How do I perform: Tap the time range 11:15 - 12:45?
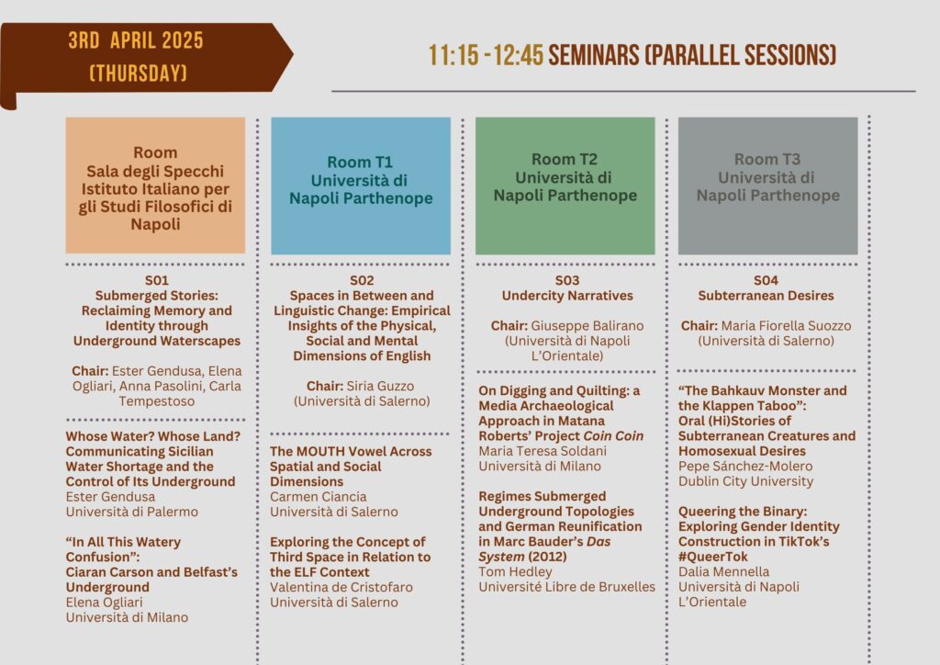pos(486,55)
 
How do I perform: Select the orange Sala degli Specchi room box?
pos(155,186)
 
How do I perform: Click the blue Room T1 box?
pos(361,186)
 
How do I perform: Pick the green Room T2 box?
pos(565,186)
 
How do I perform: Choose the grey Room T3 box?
pos(768,186)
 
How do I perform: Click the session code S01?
pos(156,280)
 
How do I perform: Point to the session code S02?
pos(362,280)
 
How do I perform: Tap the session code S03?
pos(567,280)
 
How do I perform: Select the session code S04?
pos(767,280)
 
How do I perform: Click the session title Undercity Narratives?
pos(567,296)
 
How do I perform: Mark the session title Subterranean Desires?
pos(767,296)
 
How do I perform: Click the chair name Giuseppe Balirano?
pos(587,325)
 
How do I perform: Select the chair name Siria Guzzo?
pos(380,386)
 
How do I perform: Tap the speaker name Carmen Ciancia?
pos(319,497)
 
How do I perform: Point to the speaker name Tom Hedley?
pos(515,572)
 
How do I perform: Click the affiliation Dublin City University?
pos(745,481)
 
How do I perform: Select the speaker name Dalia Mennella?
pos(723,571)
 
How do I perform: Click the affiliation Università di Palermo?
pos(132,512)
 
